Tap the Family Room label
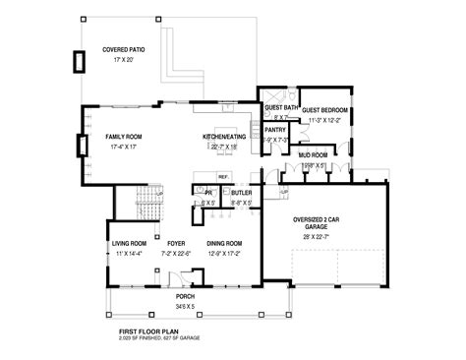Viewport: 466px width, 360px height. (125, 136)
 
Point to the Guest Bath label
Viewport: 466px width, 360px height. (280, 107)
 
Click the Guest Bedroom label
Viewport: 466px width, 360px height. (324, 110)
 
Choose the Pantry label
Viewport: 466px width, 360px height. (274, 129)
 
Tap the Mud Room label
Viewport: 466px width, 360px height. (313, 155)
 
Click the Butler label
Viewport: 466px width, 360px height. (241, 193)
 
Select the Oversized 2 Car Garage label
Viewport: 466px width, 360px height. (316, 221)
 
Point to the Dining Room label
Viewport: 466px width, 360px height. (224, 243)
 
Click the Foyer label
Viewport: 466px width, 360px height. (177, 243)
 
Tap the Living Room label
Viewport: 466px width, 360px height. (128, 243)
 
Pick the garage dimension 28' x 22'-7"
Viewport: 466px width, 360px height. (316, 235)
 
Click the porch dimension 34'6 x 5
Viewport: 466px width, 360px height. (185, 306)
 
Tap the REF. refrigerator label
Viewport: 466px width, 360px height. (223, 177)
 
